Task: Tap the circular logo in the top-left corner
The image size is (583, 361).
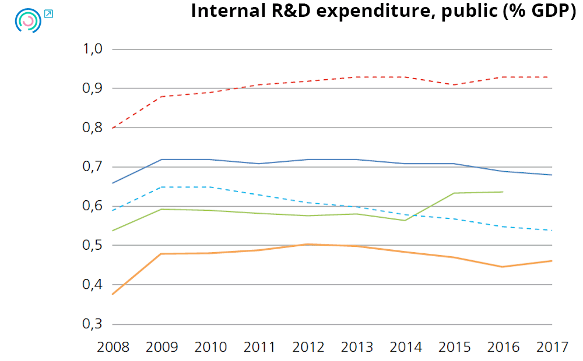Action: tap(27, 20)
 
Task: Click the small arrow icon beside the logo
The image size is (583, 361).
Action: tap(48, 13)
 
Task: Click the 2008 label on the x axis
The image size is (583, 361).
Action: tap(113, 348)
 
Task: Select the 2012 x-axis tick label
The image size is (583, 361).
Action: tap(308, 348)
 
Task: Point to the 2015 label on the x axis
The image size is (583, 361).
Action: tap(454, 348)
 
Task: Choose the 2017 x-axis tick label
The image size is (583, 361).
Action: tap(552, 348)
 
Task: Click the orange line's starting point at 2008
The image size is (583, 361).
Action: tap(112, 294)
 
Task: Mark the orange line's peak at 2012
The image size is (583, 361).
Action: tap(308, 245)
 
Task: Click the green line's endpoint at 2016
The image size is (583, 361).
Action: tap(503, 192)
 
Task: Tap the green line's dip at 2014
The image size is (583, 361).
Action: tap(405, 220)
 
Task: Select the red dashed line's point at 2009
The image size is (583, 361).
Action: tap(161, 96)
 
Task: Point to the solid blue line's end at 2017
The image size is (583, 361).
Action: tap(552, 175)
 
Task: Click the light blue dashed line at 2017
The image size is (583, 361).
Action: tap(552, 230)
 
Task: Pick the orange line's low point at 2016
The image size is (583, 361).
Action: tap(503, 267)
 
